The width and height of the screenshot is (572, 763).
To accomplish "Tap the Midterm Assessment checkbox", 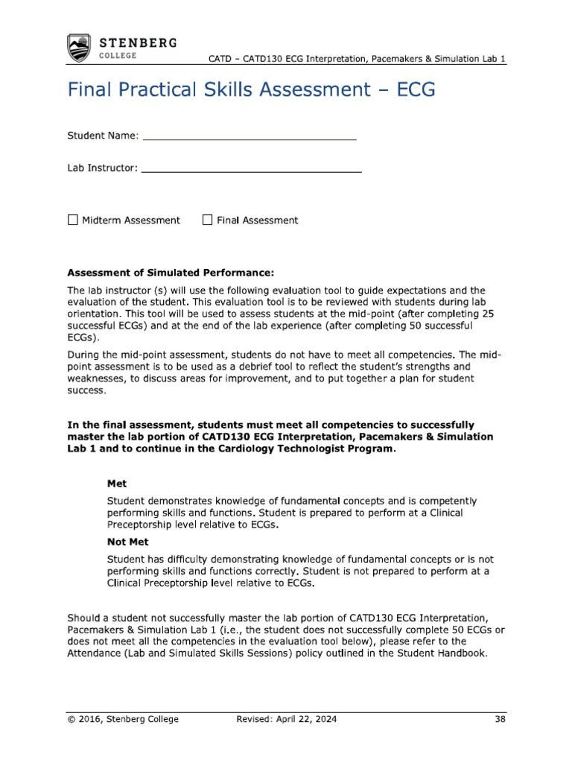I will [x=72, y=220].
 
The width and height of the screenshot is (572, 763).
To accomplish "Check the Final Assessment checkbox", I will [x=208, y=220].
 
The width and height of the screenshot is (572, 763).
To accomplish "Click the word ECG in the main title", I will [x=409, y=90].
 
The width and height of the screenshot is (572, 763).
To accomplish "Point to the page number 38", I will [x=500, y=719].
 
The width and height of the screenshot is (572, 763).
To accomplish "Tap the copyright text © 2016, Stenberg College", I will [x=123, y=719].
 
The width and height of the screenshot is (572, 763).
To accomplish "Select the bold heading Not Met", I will [x=123, y=542].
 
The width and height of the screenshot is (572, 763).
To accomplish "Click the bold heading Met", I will [x=117, y=484].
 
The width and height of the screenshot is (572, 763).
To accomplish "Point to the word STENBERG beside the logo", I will [x=139, y=42].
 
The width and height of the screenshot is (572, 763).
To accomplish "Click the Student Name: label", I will [x=103, y=136].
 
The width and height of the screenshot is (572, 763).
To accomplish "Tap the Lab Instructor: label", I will [x=103, y=168].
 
